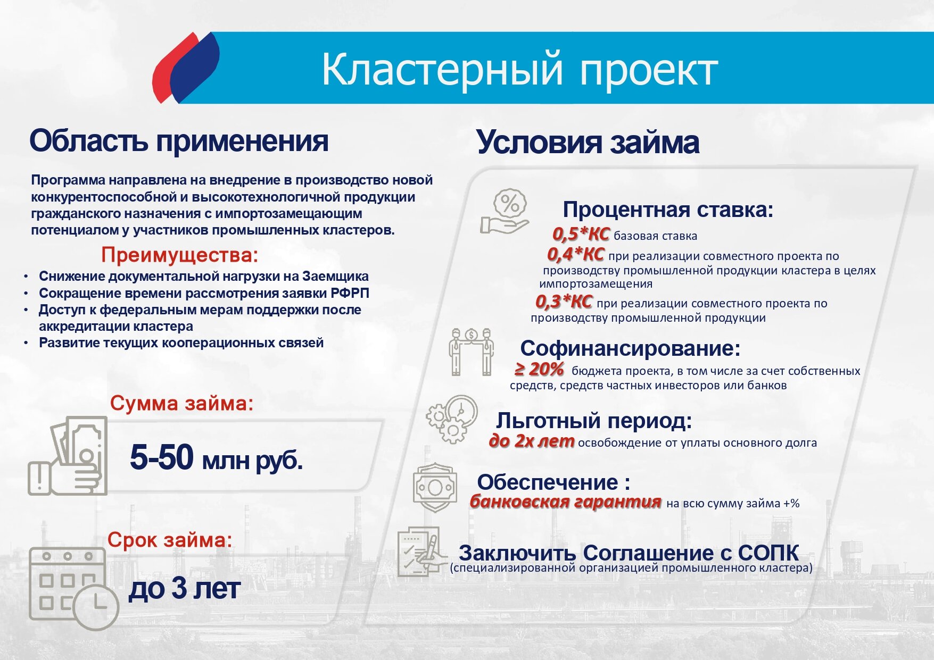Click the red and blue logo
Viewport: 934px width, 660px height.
186,68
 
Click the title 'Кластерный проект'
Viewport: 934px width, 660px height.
519,69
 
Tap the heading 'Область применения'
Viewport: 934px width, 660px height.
179,141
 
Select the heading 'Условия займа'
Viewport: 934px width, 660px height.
588,143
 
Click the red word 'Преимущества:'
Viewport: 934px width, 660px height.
180,255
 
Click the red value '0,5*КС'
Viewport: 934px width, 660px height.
581,234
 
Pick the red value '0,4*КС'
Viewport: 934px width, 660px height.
575,255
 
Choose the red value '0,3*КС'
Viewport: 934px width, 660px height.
564,302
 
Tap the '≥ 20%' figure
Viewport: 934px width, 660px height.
539,369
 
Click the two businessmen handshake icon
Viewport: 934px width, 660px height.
472,352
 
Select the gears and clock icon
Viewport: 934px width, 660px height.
452,419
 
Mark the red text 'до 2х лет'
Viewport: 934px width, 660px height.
532,441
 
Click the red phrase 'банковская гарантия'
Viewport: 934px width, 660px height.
565,502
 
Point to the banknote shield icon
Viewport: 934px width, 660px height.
435,487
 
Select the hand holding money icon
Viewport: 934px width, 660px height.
68,456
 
